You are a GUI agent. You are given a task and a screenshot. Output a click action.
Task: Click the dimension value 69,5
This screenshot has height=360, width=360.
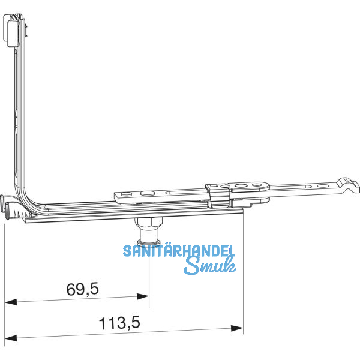[82, 290]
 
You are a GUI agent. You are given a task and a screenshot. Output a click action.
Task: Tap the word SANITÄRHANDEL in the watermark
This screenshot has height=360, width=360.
[179, 251]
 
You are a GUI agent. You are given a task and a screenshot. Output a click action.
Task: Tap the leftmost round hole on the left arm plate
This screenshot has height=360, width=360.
[125, 195]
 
